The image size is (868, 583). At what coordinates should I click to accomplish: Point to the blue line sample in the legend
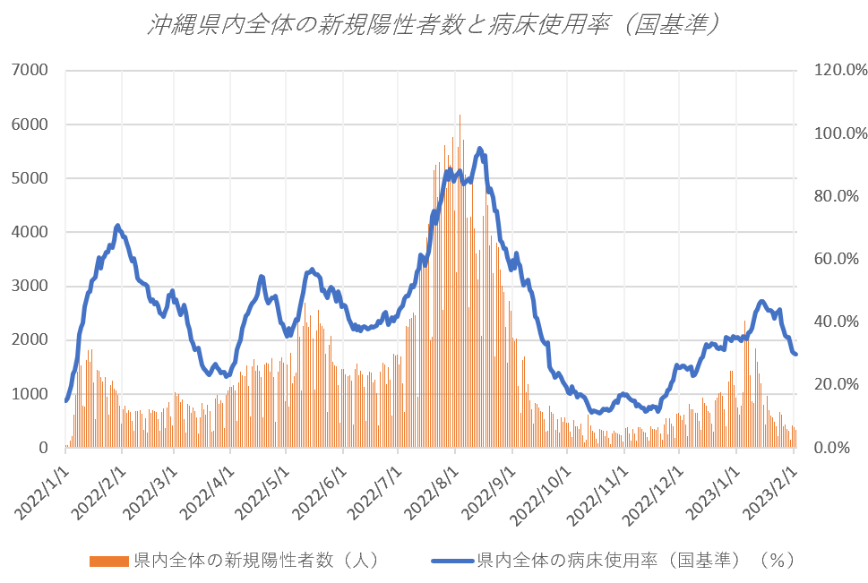point(452,562)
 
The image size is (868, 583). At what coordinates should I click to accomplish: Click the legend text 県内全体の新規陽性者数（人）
point(255,562)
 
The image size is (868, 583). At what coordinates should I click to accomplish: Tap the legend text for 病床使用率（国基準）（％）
point(636,562)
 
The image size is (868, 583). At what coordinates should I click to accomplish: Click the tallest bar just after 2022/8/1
point(460,116)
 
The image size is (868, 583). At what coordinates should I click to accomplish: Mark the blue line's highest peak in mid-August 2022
point(480,149)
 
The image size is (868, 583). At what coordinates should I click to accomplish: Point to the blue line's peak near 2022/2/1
point(117,226)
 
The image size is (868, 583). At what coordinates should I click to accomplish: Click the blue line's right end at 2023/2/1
point(796,355)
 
